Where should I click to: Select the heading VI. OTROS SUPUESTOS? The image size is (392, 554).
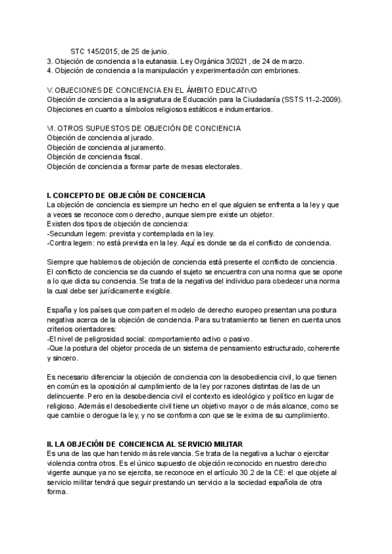tap(144, 129)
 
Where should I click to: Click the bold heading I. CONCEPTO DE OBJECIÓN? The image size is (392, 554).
tap(126, 196)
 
